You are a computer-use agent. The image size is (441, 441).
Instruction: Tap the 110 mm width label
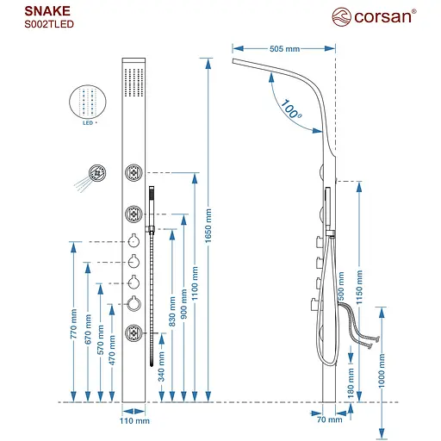134,421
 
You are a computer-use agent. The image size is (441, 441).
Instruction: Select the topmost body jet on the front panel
134,173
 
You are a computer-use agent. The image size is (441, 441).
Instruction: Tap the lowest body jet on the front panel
134,332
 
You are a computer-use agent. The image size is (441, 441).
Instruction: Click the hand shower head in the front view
152,197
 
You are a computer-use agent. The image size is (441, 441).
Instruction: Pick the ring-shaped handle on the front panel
134,301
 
